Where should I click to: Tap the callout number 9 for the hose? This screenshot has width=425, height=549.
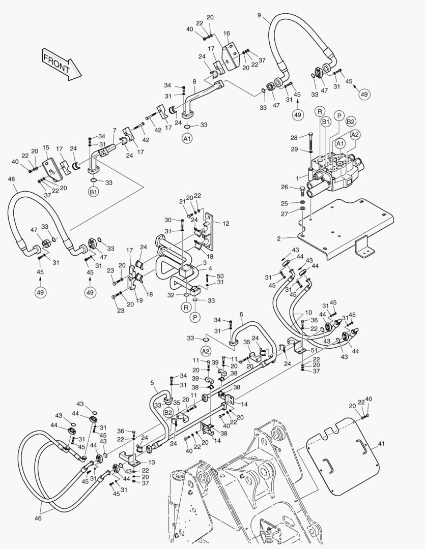pyautogui.click(x=259, y=15)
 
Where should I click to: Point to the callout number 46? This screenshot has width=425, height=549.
pyautogui.click(x=38, y=518)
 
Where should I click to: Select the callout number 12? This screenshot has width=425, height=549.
pyautogui.click(x=226, y=223)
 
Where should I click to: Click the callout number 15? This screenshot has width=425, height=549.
pyautogui.click(x=45, y=147)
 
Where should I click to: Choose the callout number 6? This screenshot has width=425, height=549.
pyautogui.click(x=241, y=314)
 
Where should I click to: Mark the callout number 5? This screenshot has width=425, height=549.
pyautogui.click(x=152, y=382)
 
